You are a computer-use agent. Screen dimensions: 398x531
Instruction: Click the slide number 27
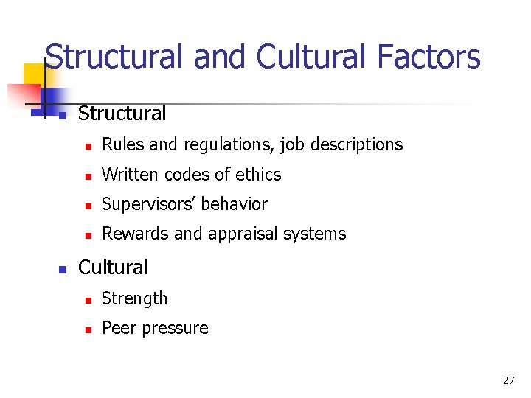tap(508, 380)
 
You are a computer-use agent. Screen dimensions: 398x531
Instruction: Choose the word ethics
tap(258, 175)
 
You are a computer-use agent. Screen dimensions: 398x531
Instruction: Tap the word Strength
tap(135, 298)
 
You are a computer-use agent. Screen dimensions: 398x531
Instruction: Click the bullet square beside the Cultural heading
tap(63, 269)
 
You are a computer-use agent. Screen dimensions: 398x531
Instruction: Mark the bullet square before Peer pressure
tap(88, 329)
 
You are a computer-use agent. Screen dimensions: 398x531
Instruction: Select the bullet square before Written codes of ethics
tap(88, 176)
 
